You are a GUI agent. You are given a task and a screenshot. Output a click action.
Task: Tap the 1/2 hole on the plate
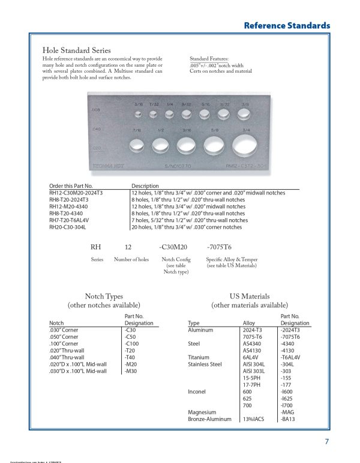(161, 144)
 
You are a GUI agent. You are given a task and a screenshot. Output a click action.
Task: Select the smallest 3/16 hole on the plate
(138, 113)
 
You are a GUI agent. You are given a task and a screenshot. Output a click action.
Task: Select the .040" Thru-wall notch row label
(67, 358)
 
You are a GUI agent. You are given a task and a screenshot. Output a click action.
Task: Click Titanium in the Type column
(199, 357)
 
